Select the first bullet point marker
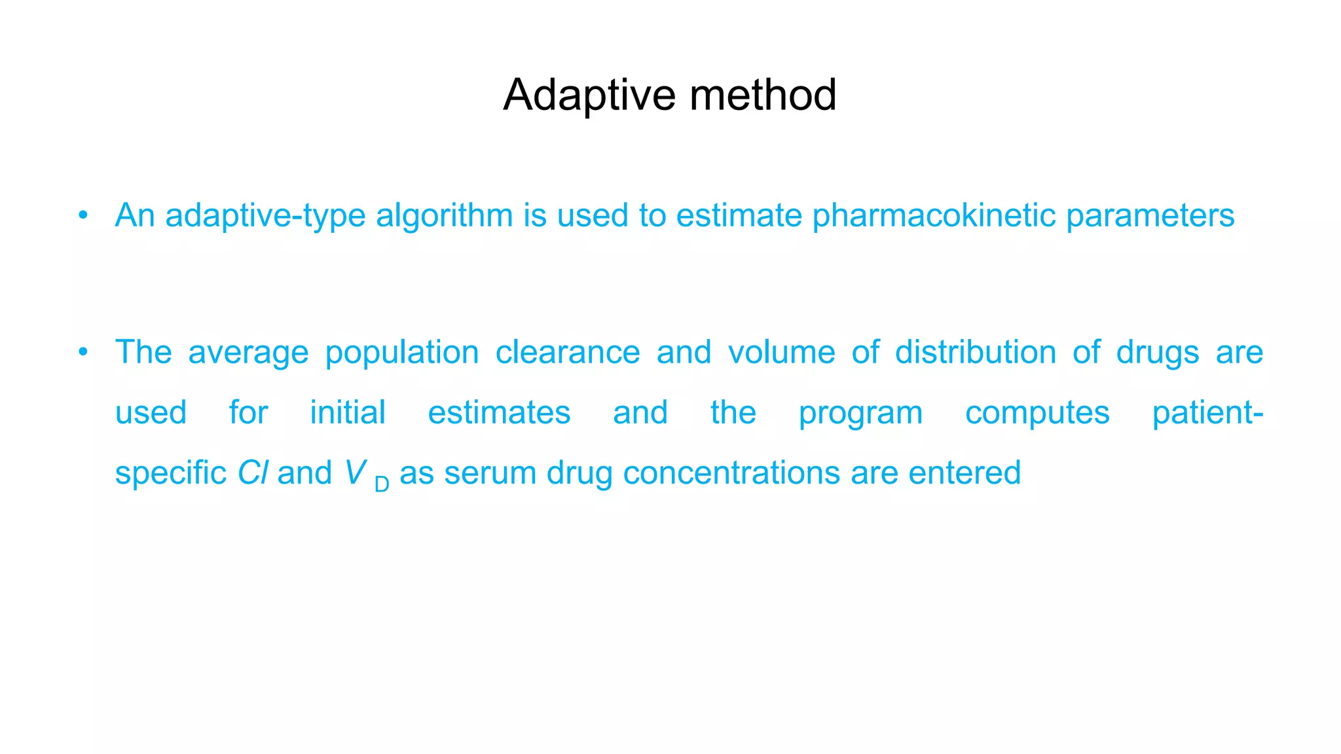[x=83, y=215]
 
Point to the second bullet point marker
[x=83, y=352]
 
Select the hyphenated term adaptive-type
[x=265, y=217]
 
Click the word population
[x=402, y=353]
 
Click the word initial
[x=348, y=413]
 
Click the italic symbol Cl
[x=253, y=473]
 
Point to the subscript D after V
[x=382, y=484]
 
